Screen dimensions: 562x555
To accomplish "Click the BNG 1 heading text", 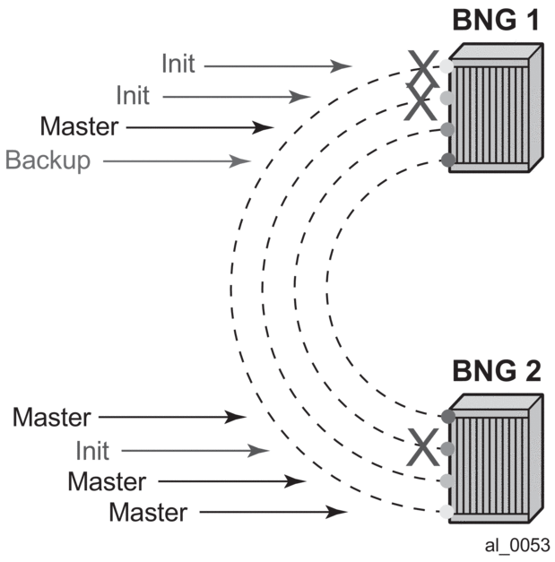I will pos(496,20).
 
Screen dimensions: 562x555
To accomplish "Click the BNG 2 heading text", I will pos(496,370).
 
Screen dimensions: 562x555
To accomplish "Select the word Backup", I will pos(48,160).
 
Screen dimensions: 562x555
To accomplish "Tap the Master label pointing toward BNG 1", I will pos(79,126).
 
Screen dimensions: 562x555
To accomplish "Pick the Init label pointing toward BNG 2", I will pos(92,450).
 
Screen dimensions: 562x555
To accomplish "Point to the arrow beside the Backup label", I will pos(176,161).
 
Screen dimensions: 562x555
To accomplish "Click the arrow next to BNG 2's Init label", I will pos(194,451).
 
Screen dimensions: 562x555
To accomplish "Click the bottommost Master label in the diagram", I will pos(148,513).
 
